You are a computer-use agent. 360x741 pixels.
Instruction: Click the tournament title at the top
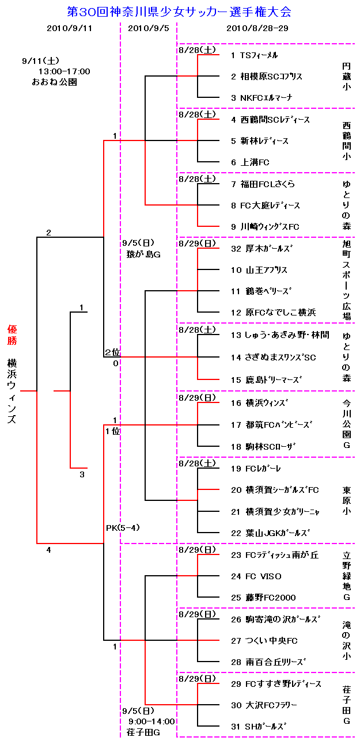pyautogui.click(x=179, y=11)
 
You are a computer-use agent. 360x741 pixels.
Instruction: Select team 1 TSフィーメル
pyautogui.click(x=254, y=55)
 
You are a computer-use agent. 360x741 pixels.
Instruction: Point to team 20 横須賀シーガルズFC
pyautogui.click(x=274, y=490)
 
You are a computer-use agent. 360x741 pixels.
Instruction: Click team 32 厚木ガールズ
pyautogui.click(x=262, y=249)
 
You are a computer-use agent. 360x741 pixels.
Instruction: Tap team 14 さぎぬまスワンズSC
pyautogui.click(x=273, y=358)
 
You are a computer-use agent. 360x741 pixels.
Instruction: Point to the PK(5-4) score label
pyautogui.click(x=123, y=527)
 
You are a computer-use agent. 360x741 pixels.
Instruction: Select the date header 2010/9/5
pyautogui.click(x=148, y=28)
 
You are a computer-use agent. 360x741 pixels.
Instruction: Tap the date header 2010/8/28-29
pyautogui.click(x=257, y=28)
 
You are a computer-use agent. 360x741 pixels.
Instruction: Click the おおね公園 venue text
pyautogui.click(x=55, y=82)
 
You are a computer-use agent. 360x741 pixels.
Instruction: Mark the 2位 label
pyautogui.click(x=112, y=352)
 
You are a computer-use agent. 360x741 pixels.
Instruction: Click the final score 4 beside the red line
pyautogui.click(x=48, y=550)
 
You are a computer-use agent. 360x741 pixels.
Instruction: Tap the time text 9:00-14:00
pyautogui.click(x=151, y=721)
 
